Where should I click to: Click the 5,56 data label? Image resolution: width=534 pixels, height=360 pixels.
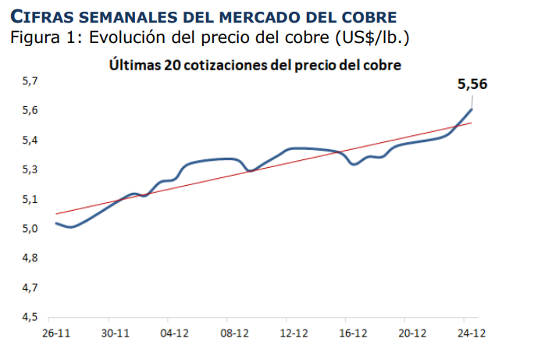472,84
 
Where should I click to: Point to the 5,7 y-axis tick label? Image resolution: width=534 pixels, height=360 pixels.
30,81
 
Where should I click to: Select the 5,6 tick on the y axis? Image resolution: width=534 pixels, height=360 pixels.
30,111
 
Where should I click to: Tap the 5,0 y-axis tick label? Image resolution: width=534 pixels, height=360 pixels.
30,229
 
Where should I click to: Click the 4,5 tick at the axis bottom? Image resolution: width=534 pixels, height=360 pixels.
30,317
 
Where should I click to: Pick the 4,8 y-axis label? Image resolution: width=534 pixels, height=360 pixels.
30,258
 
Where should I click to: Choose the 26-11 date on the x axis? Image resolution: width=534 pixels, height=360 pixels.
57,333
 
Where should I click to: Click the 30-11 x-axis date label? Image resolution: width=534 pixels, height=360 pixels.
116,333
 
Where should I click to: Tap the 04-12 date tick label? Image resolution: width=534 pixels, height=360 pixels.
175,333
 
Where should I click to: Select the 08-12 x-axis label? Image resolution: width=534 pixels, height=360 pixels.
234,333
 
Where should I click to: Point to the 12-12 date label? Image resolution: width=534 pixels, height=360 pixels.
294,333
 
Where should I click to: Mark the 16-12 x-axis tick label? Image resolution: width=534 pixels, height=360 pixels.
353,333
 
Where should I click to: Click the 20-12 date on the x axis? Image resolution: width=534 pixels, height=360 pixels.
411,333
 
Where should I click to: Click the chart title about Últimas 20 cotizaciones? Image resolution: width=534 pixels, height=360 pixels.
255,66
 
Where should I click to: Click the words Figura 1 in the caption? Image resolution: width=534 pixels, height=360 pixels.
43,37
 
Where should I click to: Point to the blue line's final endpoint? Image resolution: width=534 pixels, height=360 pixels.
472,109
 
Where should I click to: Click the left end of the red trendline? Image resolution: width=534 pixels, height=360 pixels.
55,213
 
